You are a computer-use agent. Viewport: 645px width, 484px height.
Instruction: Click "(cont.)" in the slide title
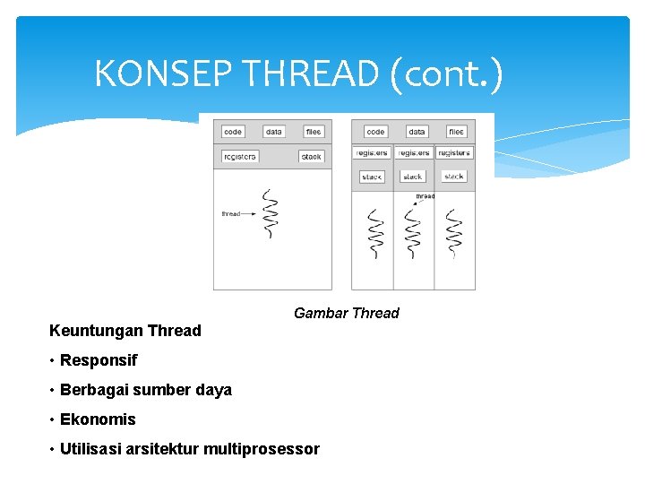(447, 73)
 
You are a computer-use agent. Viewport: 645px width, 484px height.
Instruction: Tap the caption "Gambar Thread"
(346, 313)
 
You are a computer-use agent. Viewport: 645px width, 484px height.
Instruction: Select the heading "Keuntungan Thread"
(125, 331)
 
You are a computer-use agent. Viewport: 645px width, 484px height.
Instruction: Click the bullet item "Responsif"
(99, 360)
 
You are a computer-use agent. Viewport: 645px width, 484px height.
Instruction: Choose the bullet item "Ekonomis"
(98, 419)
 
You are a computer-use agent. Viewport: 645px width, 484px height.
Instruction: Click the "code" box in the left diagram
(233, 132)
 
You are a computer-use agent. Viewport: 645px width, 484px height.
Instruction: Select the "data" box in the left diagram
(274, 132)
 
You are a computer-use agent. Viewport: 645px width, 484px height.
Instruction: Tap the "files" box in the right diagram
(456, 132)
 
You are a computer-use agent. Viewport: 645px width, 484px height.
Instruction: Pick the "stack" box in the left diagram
(311, 157)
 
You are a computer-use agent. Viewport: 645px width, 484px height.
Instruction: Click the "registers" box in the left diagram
(239, 157)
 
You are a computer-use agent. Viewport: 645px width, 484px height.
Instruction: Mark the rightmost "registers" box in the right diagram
(454, 153)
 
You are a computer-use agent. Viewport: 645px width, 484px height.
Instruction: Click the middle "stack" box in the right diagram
(412, 177)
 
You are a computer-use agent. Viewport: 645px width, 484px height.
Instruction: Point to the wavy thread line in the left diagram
(270, 215)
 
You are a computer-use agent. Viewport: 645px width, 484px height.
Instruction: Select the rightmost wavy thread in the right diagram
(454, 234)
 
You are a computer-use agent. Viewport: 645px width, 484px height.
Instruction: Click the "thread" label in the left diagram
(231, 214)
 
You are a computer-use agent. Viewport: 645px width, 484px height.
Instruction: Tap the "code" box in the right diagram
(376, 132)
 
